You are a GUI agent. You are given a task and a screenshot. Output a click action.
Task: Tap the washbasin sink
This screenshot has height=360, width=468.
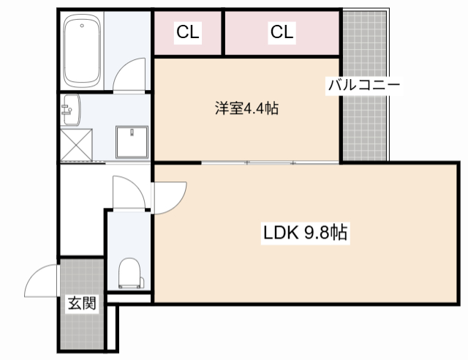[x=71, y=109]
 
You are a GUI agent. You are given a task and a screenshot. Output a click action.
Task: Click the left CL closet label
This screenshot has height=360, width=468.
[x=188, y=32]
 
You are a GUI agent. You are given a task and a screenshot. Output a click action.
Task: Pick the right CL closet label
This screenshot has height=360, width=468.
[x=282, y=32]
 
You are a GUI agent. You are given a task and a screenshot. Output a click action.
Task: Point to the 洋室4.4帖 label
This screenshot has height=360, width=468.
[x=246, y=109]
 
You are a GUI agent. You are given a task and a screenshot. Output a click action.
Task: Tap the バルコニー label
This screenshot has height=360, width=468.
[x=363, y=85]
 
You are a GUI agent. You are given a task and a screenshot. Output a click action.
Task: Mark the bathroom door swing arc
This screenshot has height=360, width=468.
[x=134, y=75]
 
